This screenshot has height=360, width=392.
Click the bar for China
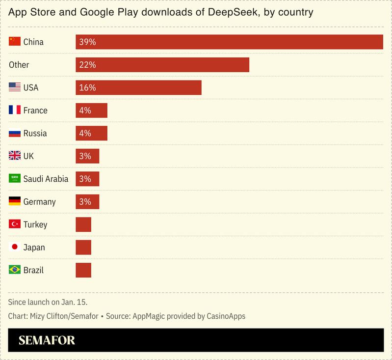click(229, 42)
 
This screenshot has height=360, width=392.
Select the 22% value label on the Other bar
click(86, 65)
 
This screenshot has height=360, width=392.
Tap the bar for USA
click(138, 88)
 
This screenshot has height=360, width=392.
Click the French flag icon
click(15, 111)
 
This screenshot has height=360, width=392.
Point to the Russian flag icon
click(15, 133)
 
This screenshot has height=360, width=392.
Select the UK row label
click(28, 156)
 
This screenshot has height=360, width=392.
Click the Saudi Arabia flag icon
click(15, 179)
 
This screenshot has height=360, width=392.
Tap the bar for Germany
click(87, 202)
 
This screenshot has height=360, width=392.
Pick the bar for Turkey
click(83, 224)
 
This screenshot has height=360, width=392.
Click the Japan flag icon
click(15, 247)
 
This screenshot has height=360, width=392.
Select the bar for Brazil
click(83, 270)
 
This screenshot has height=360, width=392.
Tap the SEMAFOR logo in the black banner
click(47, 341)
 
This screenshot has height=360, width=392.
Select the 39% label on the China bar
click(86, 42)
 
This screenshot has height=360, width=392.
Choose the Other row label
click(19, 65)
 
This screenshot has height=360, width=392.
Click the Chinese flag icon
click(15, 42)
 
